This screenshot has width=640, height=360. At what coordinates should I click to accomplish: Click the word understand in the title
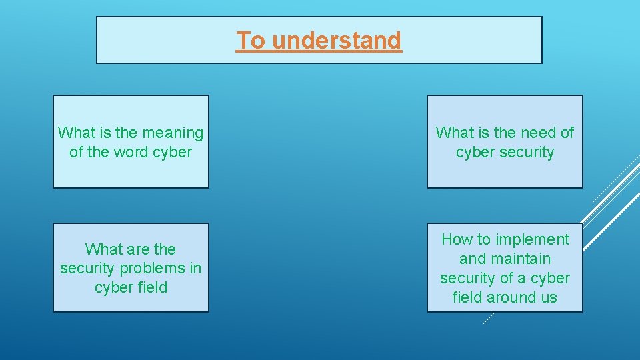pos(337,41)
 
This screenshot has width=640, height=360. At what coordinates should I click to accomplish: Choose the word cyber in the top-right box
pos(473,153)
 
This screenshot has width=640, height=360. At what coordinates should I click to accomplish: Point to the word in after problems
pos(195,269)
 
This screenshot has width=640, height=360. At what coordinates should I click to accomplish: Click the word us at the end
pos(549,298)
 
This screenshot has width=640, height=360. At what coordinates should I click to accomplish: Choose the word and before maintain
pos(473,259)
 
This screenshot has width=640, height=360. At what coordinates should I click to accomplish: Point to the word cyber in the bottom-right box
pos(550,279)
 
